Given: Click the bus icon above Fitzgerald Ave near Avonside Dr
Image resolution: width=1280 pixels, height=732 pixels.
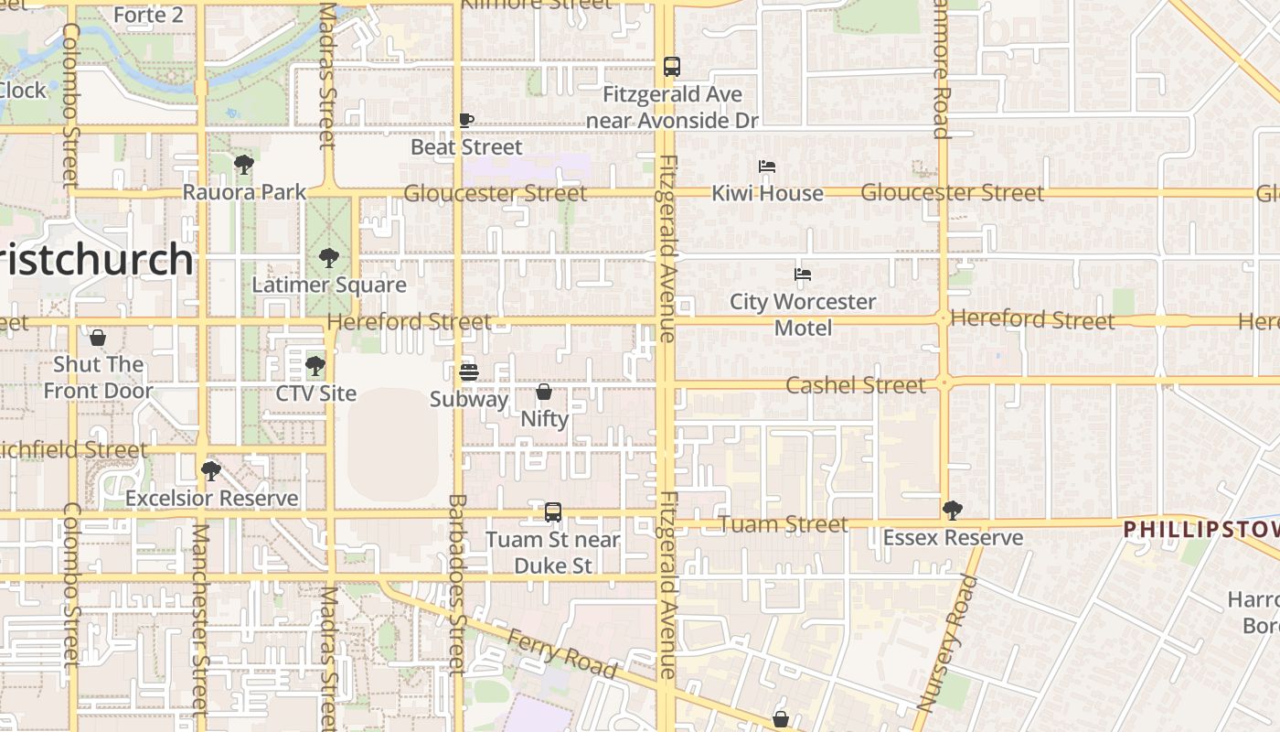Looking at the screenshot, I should [672, 67].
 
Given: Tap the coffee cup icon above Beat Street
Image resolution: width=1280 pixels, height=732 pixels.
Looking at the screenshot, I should [466, 120].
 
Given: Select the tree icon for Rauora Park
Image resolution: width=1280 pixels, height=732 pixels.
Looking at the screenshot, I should [243, 165].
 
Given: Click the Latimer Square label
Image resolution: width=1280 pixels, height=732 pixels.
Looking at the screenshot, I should [329, 285].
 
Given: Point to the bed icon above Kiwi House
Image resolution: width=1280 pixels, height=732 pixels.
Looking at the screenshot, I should [767, 167].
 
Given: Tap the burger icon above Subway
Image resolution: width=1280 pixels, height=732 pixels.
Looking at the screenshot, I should [469, 371].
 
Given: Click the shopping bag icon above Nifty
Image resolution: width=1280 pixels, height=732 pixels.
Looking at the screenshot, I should [544, 392].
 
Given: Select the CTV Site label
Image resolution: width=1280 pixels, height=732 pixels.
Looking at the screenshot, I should [316, 393].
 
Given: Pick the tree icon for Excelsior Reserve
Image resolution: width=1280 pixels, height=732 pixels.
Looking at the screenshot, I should [211, 471].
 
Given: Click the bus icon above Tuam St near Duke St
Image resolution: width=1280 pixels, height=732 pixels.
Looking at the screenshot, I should [553, 512].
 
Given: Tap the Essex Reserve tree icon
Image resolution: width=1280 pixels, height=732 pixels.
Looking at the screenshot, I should [952, 511].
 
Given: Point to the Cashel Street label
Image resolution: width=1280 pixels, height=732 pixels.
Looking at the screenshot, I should [856, 385].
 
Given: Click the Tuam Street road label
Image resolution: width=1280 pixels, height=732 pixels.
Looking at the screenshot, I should [784, 524].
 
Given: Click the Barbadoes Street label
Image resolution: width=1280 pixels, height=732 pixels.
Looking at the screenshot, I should [458, 586].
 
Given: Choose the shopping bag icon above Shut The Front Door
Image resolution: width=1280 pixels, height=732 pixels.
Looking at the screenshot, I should [98, 339].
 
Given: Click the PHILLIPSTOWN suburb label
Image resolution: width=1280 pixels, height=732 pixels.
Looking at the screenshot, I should [1200, 529].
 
